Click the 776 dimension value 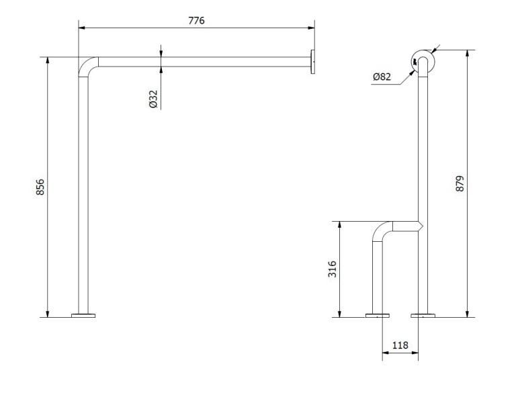coord(197,20)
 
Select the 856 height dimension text coord(40,187)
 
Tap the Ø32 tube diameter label coord(153,99)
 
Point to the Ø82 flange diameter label coord(382,77)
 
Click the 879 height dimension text coord(460,183)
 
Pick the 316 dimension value coord(333,269)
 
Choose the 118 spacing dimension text coord(400,345)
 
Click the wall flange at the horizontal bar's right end coord(312,62)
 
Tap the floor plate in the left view coord(83,315)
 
